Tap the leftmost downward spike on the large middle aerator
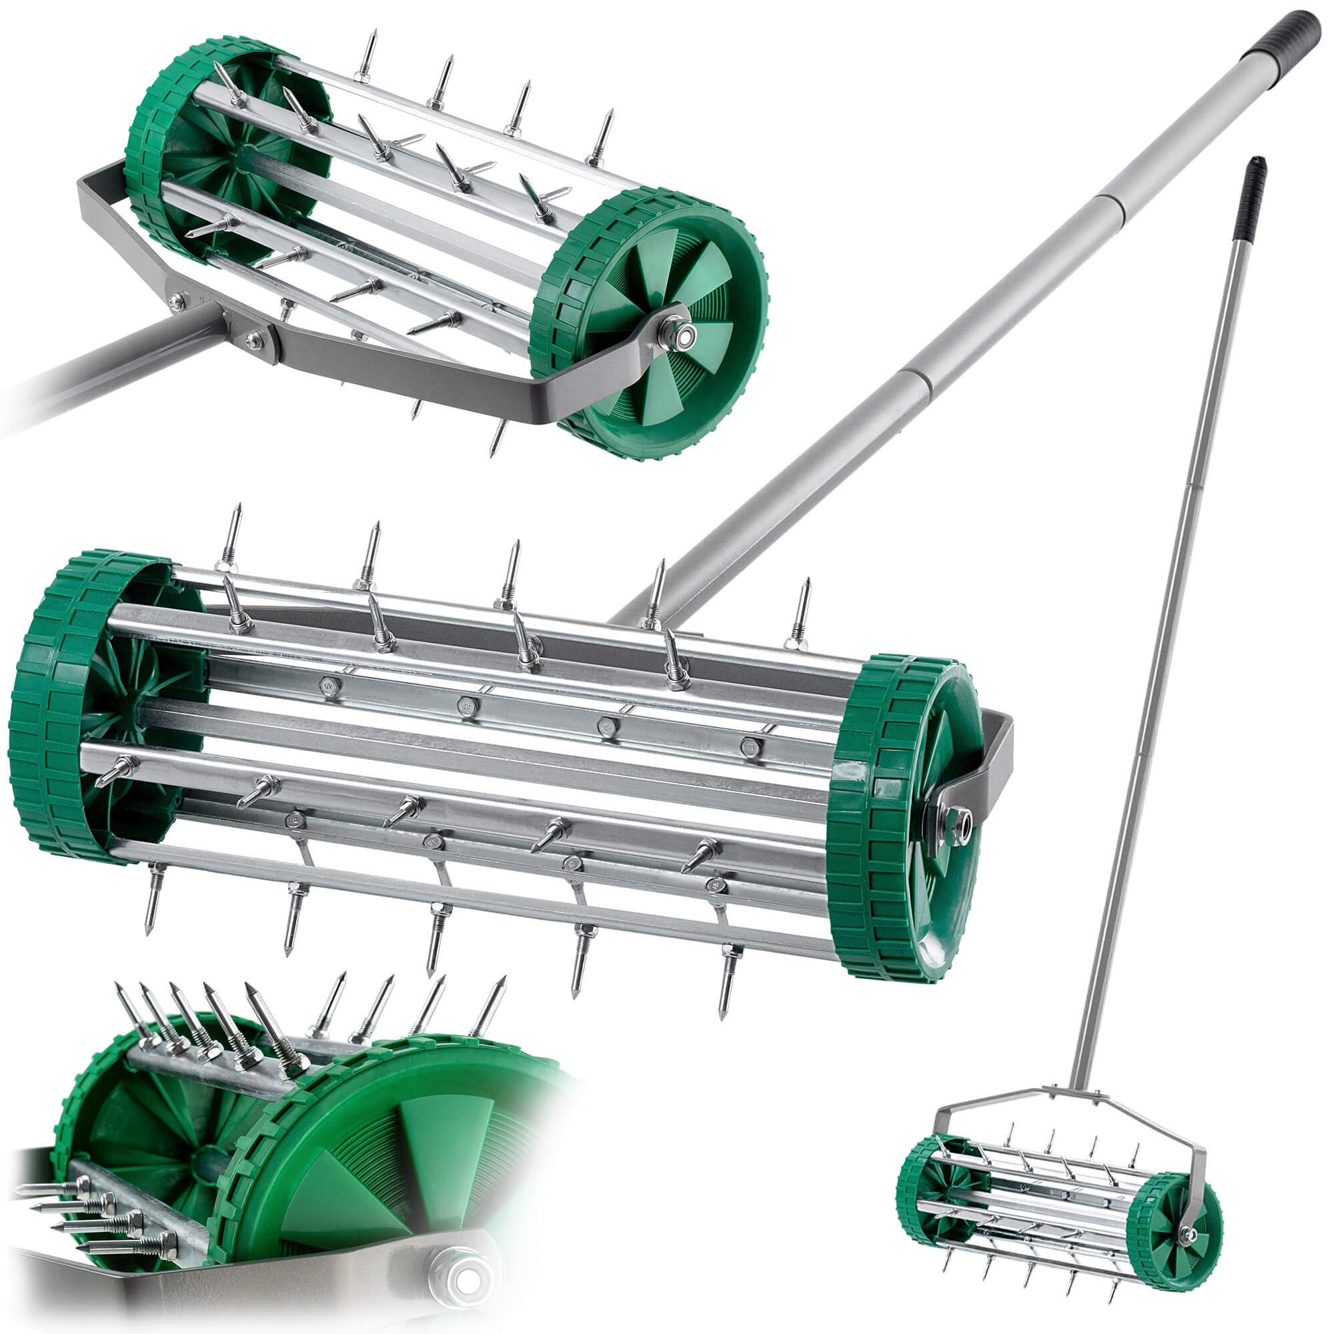click(x=152, y=904)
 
